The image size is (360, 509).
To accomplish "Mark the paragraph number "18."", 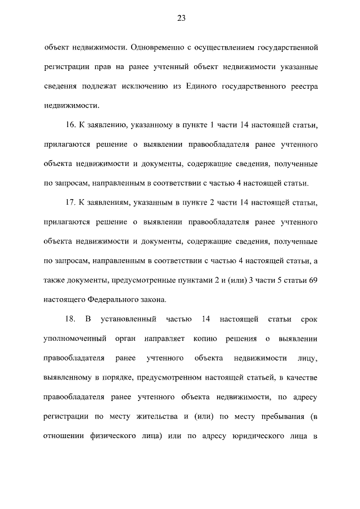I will pyautogui.click(x=71, y=319).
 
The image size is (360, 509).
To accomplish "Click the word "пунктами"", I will pyautogui.click(x=211, y=280).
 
